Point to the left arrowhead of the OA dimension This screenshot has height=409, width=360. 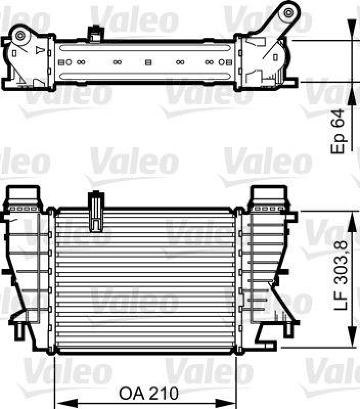[x=58, y=394]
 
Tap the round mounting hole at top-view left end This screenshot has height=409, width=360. [x=21, y=35]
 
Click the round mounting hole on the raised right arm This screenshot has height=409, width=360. [x=289, y=11]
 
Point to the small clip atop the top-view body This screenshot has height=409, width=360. [x=94, y=34]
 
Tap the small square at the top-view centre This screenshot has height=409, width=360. [x=148, y=62]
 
